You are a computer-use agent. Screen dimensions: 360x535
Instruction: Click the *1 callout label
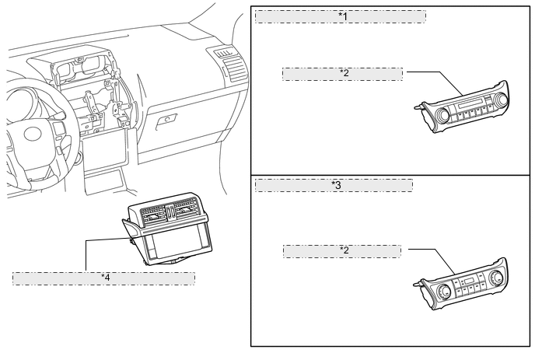click(340, 16)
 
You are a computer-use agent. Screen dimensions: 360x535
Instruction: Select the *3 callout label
click(334, 185)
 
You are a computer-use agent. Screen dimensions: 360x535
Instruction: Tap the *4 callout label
click(103, 278)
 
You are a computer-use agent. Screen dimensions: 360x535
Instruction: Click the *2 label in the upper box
click(343, 73)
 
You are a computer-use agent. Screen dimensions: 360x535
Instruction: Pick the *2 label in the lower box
click(342, 251)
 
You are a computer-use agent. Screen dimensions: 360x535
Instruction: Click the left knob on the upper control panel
click(442, 116)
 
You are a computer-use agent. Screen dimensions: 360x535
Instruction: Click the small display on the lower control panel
click(468, 281)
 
